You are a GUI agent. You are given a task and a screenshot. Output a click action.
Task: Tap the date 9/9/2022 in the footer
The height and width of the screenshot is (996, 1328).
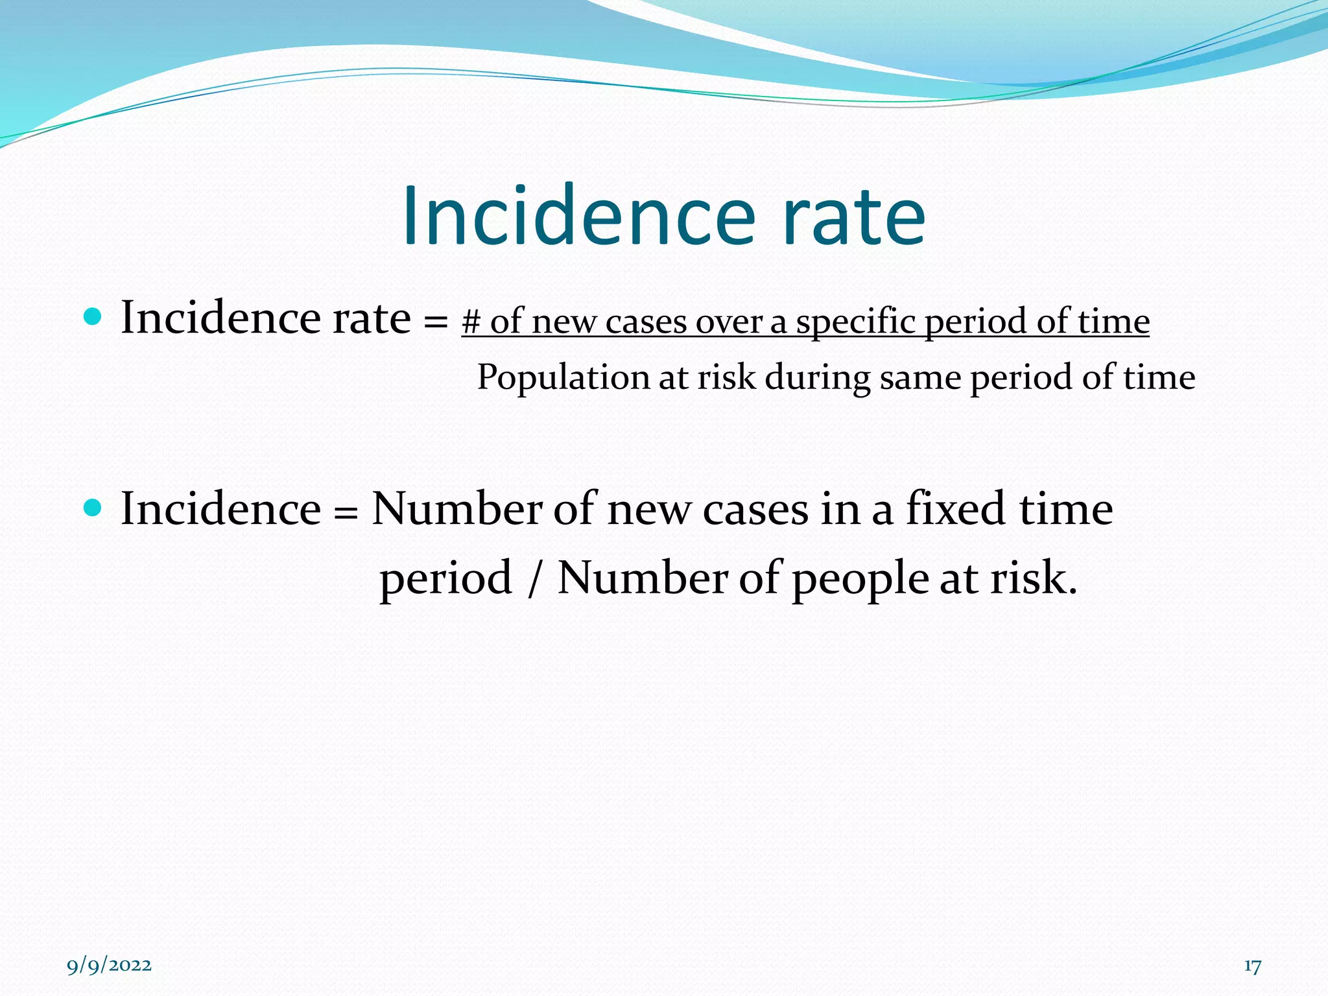(x=109, y=966)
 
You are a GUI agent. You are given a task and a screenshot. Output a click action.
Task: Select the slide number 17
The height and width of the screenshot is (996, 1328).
(x=1252, y=966)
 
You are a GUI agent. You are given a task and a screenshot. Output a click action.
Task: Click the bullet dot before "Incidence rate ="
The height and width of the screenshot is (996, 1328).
(x=93, y=317)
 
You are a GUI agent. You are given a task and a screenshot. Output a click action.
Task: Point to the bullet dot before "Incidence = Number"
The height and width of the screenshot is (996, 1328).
(x=93, y=507)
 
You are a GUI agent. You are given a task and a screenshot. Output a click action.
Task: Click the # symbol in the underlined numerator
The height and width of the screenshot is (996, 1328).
(x=471, y=322)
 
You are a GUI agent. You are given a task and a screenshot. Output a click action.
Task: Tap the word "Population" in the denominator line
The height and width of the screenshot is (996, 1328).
(x=563, y=377)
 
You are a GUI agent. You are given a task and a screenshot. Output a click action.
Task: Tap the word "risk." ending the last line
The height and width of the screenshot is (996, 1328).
(x=1034, y=577)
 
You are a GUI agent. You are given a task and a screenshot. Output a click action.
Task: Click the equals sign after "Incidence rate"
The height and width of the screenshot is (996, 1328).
(x=435, y=320)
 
